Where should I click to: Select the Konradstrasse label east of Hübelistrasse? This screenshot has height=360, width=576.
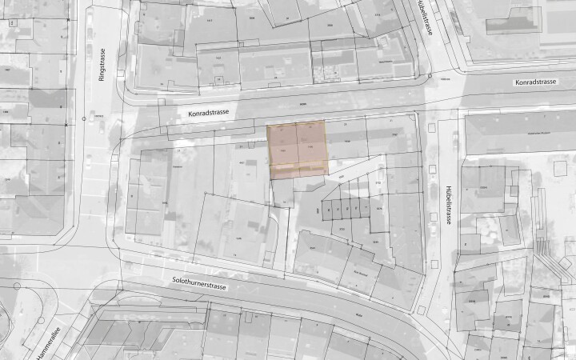pyautogui.click(x=535, y=82)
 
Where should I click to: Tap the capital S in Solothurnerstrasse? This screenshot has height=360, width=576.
pyautogui.click(x=174, y=280)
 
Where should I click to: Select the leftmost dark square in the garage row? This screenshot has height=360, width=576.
pyautogui.click(x=328, y=212)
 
